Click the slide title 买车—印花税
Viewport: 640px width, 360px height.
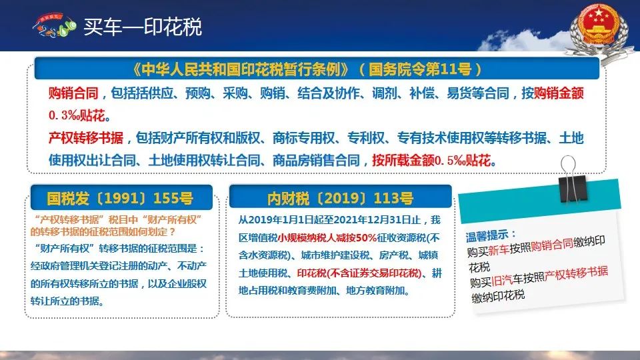coord(143,27)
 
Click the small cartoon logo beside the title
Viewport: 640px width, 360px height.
coord(54,25)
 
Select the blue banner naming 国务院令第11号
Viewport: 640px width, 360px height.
coord(317,69)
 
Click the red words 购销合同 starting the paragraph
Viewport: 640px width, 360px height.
coord(73,93)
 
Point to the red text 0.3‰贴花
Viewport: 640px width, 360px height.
coord(79,115)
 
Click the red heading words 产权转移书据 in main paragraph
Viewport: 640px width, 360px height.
coord(86,138)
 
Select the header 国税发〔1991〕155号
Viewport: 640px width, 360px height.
coord(120,199)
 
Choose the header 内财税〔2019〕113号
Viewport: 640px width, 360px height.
coord(340,199)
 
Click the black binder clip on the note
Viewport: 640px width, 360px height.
coord(573,181)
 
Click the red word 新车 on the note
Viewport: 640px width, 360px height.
coord(499,249)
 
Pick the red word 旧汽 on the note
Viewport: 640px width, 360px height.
coord(502,280)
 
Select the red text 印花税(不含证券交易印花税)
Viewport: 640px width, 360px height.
coord(359,273)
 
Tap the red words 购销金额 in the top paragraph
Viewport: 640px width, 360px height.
coord(559,93)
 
